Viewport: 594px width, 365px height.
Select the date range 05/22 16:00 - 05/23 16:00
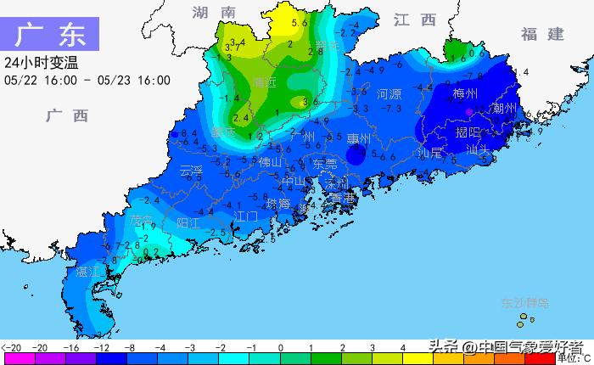[x=87, y=81]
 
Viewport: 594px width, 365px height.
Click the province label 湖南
[x=213, y=13]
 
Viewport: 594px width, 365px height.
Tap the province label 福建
[x=542, y=34]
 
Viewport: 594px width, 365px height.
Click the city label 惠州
[x=359, y=138]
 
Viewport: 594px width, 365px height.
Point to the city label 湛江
[x=88, y=272]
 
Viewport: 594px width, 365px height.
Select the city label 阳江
[x=188, y=223]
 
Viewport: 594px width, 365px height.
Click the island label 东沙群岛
[x=524, y=302]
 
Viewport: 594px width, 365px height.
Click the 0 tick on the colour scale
[x=280, y=348]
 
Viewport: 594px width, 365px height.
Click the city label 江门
[x=246, y=216]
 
